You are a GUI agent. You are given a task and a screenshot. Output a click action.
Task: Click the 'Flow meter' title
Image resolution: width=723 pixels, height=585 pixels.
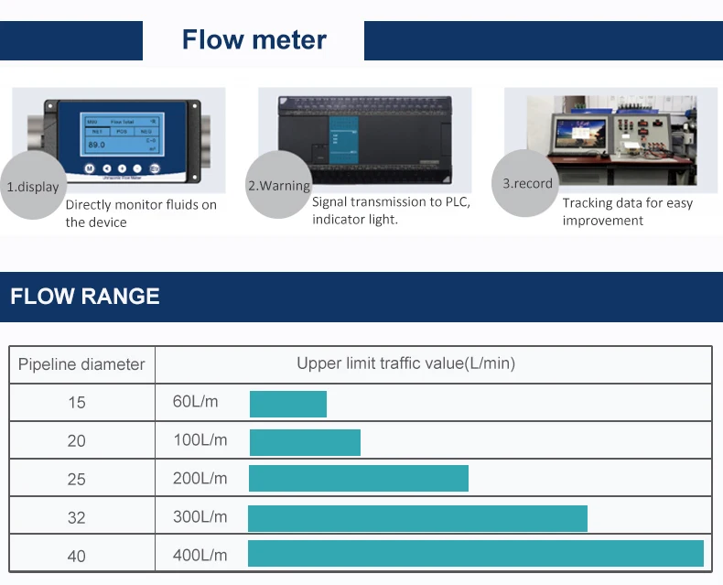click(254, 40)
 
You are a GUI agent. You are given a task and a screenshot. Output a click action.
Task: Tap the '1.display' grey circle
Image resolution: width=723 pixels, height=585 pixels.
click(33, 187)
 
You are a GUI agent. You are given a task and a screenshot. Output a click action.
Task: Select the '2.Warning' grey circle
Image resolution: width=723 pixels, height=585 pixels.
click(279, 186)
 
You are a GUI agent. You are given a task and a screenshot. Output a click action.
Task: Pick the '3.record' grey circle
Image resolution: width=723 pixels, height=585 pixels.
click(527, 183)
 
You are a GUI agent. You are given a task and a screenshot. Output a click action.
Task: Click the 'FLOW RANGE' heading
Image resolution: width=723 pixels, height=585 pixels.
click(85, 296)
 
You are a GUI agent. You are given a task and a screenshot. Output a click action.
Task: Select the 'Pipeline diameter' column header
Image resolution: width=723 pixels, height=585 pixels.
click(81, 364)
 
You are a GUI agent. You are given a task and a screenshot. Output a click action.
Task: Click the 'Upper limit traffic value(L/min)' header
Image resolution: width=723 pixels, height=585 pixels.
click(405, 363)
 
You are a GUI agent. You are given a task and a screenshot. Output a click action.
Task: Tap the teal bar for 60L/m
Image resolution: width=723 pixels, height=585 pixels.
click(288, 404)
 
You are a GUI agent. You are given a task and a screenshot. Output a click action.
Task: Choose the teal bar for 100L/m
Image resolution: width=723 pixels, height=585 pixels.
click(305, 442)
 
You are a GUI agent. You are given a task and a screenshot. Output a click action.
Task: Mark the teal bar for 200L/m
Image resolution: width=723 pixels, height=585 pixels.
click(359, 479)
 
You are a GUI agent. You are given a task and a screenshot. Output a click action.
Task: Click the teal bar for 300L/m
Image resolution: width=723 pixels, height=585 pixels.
click(417, 518)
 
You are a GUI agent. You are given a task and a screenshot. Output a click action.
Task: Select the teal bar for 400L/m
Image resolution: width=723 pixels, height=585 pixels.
click(476, 554)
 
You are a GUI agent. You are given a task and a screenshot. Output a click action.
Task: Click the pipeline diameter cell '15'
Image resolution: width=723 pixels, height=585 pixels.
click(77, 402)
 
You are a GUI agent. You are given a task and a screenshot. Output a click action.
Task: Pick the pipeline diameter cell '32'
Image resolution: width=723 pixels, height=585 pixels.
click(77, 517)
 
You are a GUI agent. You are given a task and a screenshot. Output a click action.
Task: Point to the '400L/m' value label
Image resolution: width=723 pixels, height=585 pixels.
click(200, 555)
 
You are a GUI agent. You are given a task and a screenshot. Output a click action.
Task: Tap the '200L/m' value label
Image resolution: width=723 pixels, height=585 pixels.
click(200, 479)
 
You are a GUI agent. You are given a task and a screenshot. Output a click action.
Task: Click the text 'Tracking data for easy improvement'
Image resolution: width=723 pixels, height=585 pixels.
click(627, 211)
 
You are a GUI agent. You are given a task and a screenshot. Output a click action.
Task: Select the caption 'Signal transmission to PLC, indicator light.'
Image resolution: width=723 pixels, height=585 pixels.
click(391, 211)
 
